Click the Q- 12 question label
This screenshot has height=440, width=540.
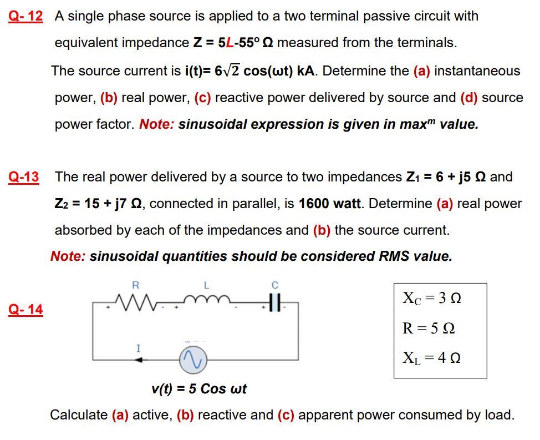pyautogui.click(x=26, y=16)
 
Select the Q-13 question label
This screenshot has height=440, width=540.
pyautogui.click(x=24, y=177)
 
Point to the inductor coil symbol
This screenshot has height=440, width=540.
pyautogui.click(x=206, y=303)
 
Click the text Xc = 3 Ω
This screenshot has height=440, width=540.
pyautogui.click(x=431, y=299)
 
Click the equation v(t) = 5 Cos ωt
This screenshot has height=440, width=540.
pyautogui.click(x=199, y=388)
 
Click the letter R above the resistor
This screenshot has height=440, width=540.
pyautogui.click(x=135, y=285)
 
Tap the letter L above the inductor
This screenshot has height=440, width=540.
pyautogui.click(x=206, y=285)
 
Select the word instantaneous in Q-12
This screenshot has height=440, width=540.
pyautogui.click(x=477, y=71)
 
